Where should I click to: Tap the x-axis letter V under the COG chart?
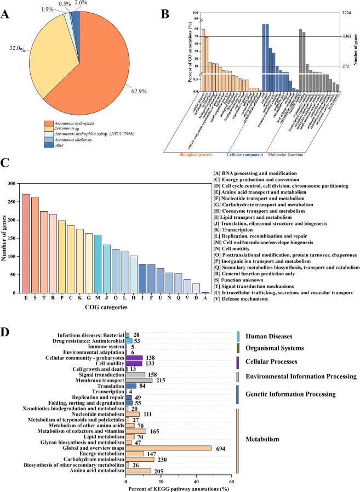point(187,297)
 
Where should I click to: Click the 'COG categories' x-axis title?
point(106,308)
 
